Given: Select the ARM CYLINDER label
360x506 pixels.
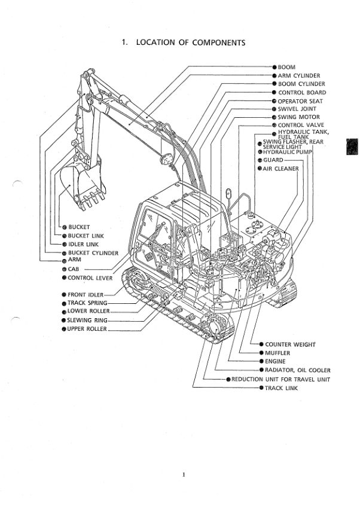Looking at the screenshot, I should coord(299,76).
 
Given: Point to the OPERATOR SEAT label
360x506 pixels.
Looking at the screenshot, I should coord(300,101).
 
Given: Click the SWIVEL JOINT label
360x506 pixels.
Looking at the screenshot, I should coord(297,109).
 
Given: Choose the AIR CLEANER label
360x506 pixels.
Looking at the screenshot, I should coord(280,169).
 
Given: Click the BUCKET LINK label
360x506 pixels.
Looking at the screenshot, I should coord(86,236).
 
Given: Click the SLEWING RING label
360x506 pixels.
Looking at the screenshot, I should coord(87,320).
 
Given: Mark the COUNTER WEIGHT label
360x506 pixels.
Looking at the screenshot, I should coord(290,345).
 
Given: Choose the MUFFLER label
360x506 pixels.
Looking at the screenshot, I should coord(277,353).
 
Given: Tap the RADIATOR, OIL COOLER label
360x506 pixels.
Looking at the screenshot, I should coord(297,370).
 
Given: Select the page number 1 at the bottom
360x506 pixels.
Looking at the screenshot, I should coord(184,474).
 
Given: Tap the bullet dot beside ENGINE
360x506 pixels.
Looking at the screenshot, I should coord(261,362).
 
